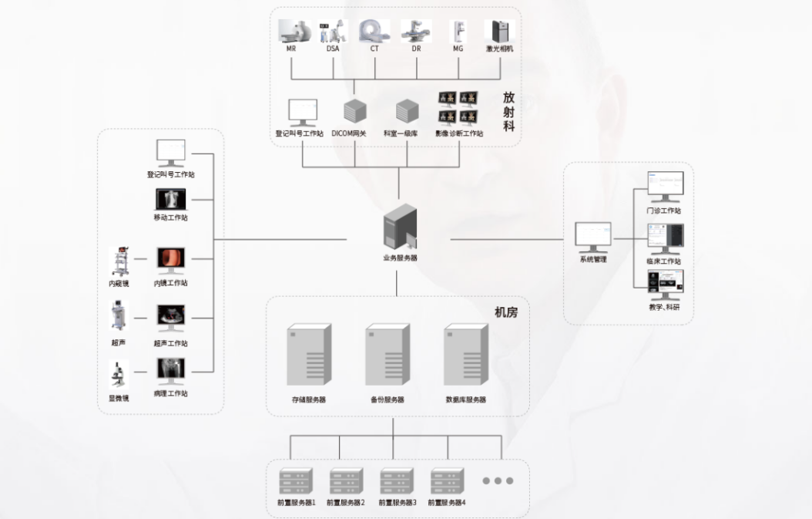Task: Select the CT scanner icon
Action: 374,31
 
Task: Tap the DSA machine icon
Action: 333,32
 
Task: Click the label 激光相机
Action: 499,49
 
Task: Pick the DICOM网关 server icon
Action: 354,112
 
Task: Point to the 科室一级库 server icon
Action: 406,112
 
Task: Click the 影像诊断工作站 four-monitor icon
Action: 458,109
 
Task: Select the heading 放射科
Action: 508,112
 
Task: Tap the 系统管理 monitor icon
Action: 593,237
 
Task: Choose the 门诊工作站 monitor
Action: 664,187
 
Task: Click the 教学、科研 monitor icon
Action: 665,285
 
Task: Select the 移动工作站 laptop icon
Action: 170,200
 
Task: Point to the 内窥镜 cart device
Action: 119,261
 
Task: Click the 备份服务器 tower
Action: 387,356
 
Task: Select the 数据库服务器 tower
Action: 466,356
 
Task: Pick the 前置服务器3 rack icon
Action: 396,481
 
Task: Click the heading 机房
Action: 506,312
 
